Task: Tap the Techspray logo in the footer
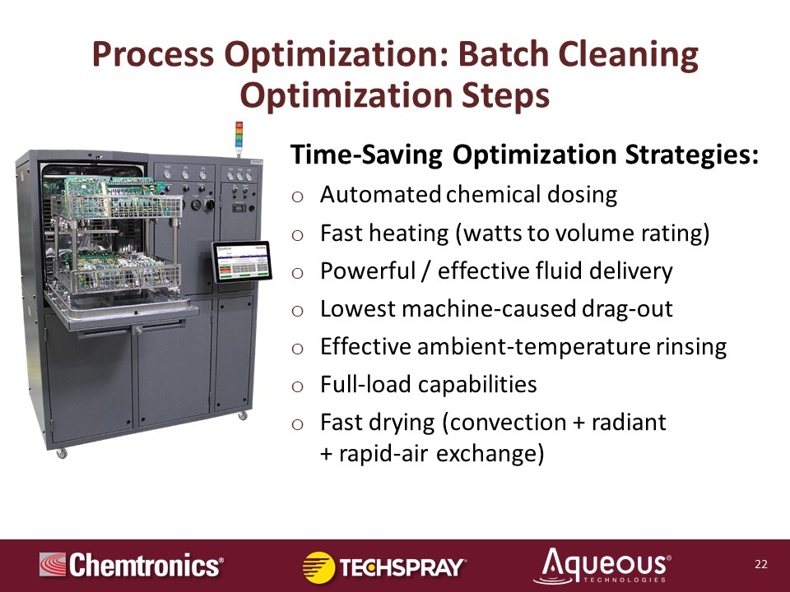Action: click(384, 567)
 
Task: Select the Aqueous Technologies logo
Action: click(602, 566)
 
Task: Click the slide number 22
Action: click(760, 564)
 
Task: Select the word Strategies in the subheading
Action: click(691, 155)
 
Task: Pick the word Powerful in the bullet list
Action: click(368, 271)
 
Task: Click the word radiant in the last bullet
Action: click(629, 423)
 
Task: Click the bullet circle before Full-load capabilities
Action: click(297, 386)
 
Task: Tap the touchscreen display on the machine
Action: click(242, 261)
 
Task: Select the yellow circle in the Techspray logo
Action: click(318, 567)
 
